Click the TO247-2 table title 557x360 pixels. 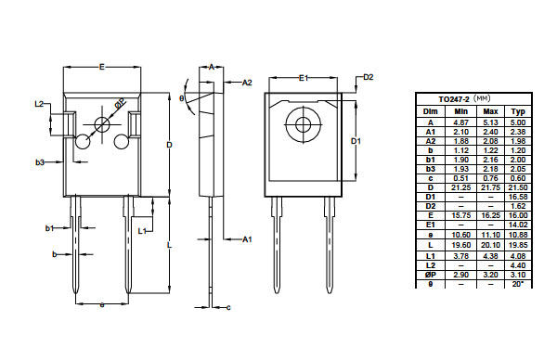click(454, 99)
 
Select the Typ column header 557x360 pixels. click(518, 111)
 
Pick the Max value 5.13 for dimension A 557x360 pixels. click(490, 122)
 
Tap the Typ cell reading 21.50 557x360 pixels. click(518, 187)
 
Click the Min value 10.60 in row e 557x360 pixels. click(461, 235)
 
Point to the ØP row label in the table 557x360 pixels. click(430, 275)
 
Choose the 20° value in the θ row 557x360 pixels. click(518, 284)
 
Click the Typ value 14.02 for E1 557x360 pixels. click(518, 225)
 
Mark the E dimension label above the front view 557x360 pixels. click(102, 67)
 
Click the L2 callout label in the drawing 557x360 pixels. click(39, 104)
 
